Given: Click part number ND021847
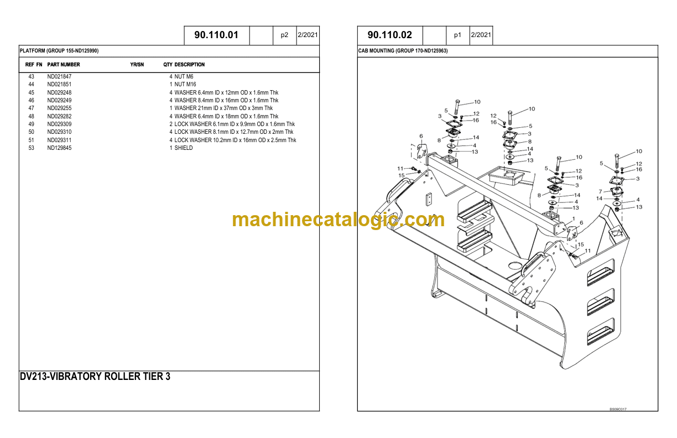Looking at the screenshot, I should [59, 76].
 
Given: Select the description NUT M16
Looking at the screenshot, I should [185, 85].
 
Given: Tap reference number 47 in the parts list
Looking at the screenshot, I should [31, 108].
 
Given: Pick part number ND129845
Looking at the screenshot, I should [59, 148].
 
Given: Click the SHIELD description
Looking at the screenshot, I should [184, 148].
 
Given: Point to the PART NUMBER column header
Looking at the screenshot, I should [64, 65].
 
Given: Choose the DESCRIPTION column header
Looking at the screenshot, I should [190, 65].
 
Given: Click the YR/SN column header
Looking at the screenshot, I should [137, 65].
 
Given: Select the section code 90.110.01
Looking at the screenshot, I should [216, 35].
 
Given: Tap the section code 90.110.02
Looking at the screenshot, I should [390, 35].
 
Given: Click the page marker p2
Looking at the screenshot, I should [284, 35].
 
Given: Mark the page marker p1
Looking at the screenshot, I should [457, 35].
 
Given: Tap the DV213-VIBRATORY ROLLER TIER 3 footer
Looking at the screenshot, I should [95, 377].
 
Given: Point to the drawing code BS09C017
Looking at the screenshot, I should [618, 409].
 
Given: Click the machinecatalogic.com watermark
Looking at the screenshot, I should [338, 220].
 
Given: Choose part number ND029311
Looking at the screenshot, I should [59, 140].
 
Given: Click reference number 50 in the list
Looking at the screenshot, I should [31, 132].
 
